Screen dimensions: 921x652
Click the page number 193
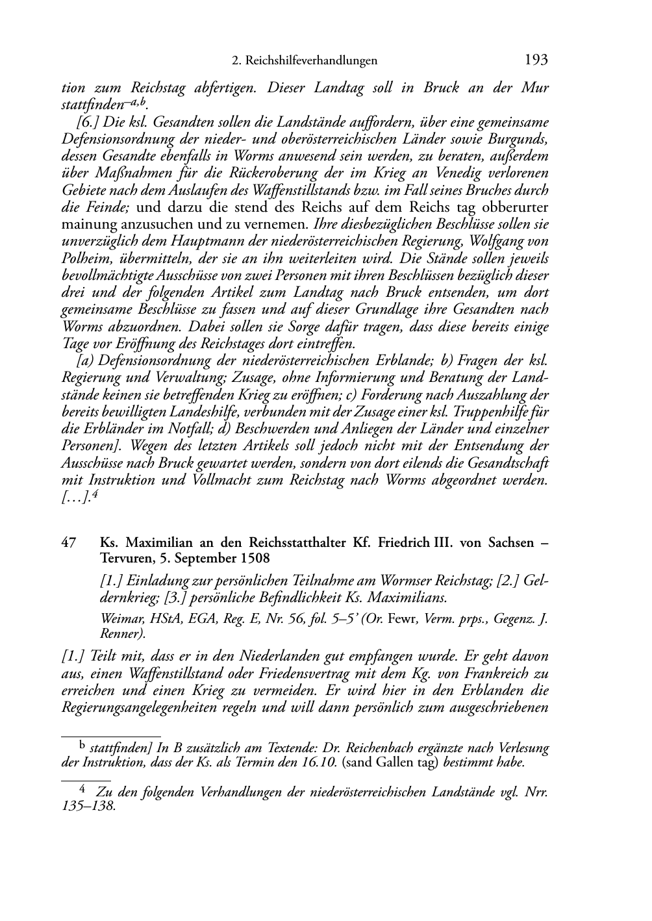536,60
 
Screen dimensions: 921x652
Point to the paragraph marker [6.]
88,122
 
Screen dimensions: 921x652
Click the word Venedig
457,173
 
